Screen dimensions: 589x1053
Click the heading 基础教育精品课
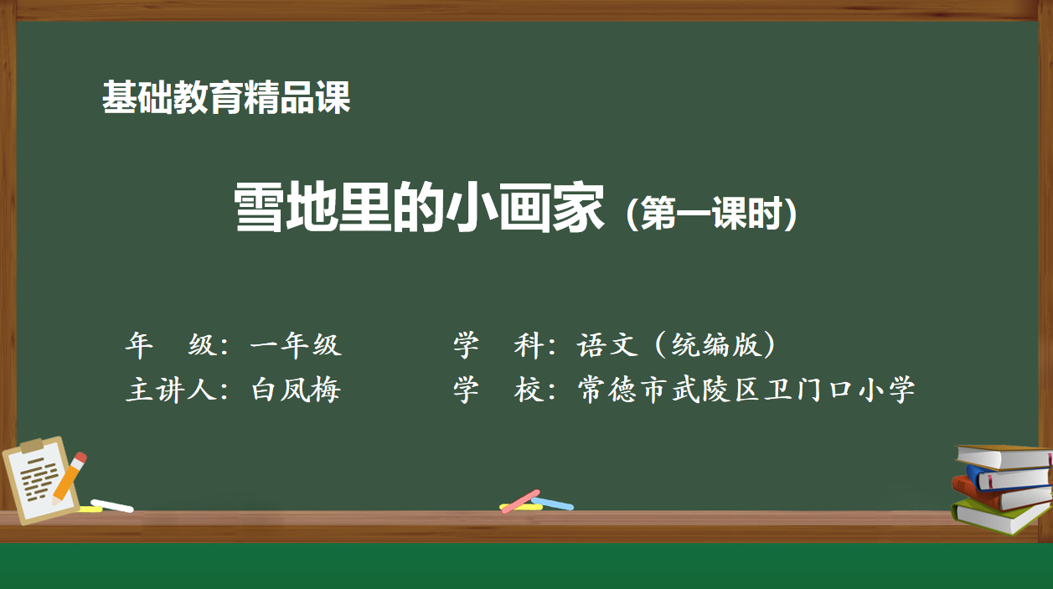click(226, 98)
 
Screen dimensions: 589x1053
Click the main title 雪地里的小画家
click(419, 209)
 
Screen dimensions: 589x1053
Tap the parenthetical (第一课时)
click(711, 215)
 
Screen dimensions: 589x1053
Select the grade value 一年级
click(296, 345)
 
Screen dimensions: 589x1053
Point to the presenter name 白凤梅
click(296, 390)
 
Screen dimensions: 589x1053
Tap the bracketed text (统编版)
click(717, 345)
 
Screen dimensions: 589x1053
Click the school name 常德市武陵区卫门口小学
click(746, 390)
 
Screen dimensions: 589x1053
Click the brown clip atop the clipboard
click(31, 446)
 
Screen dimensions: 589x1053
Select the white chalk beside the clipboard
click(112, 505)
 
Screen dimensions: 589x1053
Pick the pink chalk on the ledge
click(521, 500)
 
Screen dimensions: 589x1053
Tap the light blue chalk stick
click(553, 504)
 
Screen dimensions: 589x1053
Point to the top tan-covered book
click(1005, 456)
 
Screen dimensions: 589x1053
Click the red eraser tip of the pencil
click(80, 459)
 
